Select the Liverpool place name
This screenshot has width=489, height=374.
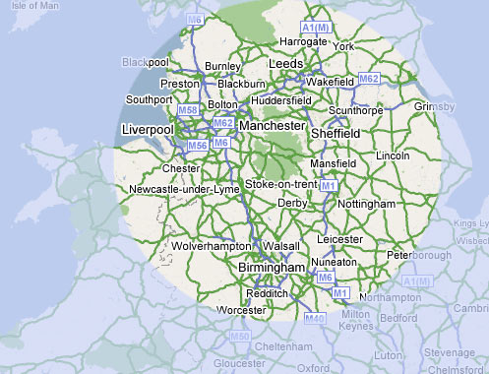click(x=148, y=129)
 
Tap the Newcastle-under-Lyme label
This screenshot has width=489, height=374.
click(x=185, y=189)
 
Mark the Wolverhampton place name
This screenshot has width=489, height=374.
click(x=213, y=245)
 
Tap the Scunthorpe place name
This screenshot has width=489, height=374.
click(x=361, y=111)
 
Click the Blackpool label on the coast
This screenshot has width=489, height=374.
click(x=146, y=62)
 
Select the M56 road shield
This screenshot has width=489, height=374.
click(x=197, y=146)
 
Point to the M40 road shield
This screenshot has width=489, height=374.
click(x=314, y=318)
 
